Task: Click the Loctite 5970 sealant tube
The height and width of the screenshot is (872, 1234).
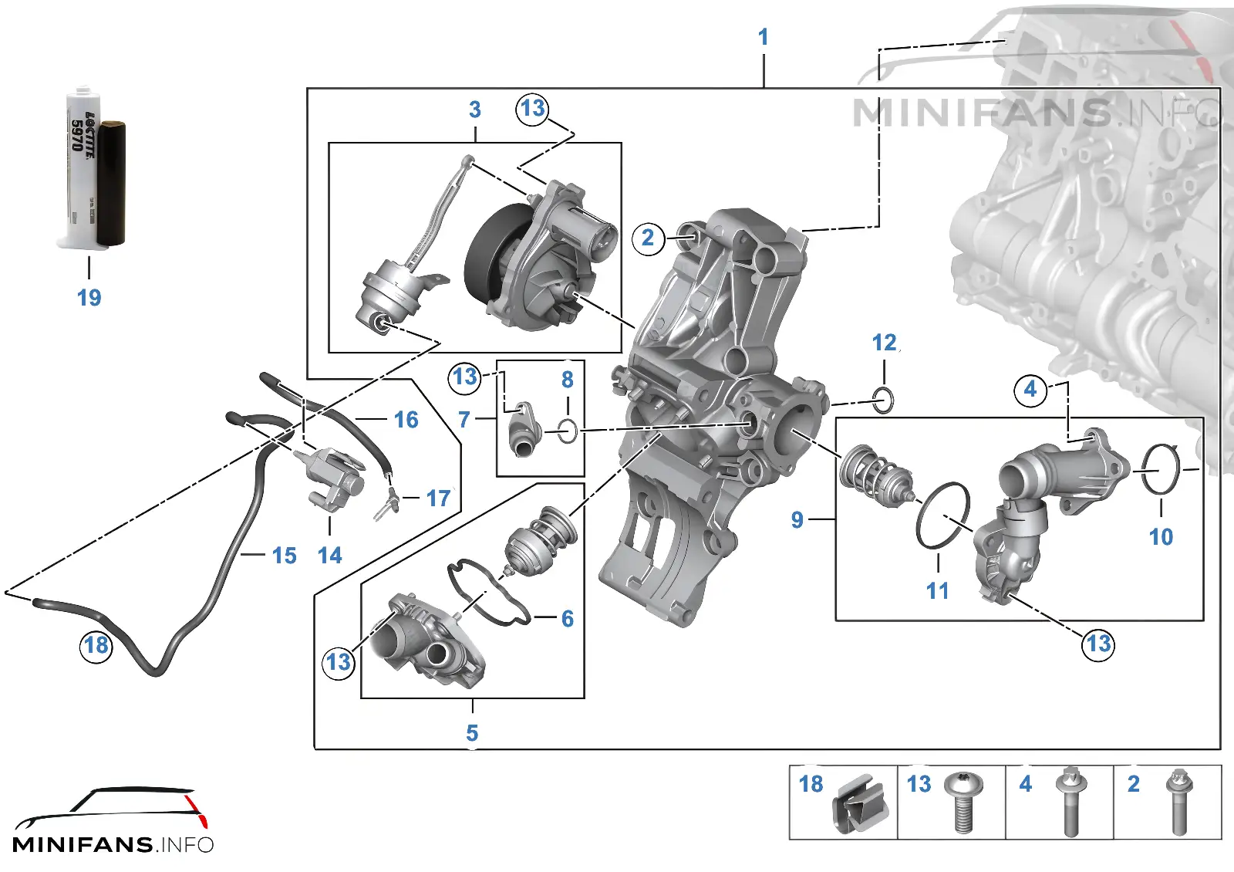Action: (x=92, y=168)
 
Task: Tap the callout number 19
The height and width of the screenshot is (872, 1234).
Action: (x=89, y=298)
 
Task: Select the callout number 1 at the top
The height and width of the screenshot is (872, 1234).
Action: (x=763, y=38)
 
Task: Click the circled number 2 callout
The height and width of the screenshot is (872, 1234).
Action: (x=648, y=238)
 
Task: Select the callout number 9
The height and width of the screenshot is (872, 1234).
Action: (x=797, y=520)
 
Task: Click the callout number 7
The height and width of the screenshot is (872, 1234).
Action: (x=464, y=420)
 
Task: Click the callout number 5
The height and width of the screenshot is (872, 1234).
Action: (x=472, y=733)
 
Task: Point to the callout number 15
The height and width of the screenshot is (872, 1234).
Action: (x=285, y=556)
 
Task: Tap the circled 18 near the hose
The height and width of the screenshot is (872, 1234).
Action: (x=96, y=645)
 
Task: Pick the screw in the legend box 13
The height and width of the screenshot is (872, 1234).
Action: (x=963, y=801)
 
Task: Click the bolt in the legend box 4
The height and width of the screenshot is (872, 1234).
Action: (x=1071, y=801)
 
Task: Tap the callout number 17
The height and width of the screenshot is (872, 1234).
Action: (x=439, y=499)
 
